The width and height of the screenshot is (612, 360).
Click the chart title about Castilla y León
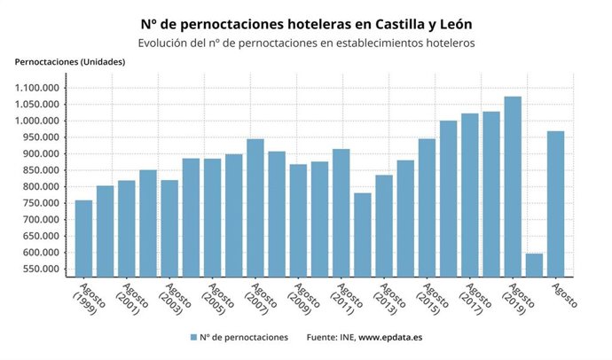coord(305,25)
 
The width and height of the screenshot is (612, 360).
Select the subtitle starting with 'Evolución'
coord(305,43)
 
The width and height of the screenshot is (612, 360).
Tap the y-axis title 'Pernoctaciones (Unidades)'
coord(70,61)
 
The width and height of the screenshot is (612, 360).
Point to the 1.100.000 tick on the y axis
coord(38,88)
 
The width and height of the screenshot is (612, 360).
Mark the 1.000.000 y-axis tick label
coord(38,121)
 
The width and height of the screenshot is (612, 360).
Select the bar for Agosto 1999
coord(83,238)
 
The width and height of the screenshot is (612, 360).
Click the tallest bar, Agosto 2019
coord(513,186)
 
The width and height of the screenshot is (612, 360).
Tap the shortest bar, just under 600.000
coord(534,264)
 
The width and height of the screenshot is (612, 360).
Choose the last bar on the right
coord(555,203)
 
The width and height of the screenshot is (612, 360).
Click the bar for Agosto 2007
coord(255,207)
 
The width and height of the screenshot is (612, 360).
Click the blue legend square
coord(192,338)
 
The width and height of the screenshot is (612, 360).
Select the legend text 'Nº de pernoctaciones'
coord(244,338)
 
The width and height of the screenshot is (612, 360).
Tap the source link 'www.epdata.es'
coord(390,338)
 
